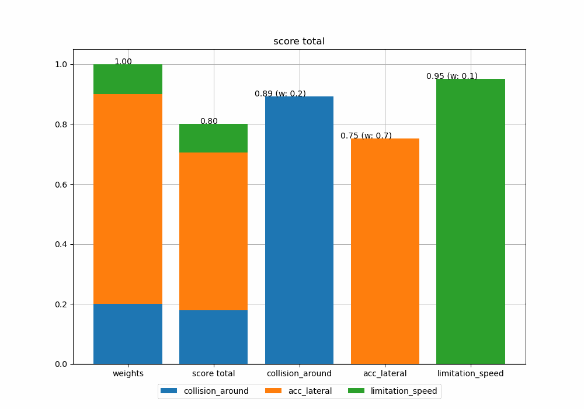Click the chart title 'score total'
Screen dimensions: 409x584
coord(298,41)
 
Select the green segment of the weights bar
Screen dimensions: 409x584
coord(128,79)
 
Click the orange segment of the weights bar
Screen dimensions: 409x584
coord(128,199)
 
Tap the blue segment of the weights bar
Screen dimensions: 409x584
coord(128,334)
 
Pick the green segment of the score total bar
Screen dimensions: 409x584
coord(213,138)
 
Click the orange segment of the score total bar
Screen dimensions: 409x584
coord(213,231)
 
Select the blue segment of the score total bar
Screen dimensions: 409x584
coord(213,337)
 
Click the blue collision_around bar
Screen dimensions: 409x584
coord(299,230)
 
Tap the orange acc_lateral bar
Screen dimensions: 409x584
coord(385,251)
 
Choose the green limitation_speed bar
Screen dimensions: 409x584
coord(471,221)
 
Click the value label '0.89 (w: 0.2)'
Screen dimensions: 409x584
coord(280,94)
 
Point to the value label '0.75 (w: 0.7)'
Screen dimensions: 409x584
coord(366,136)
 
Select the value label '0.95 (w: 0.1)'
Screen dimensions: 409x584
coord(452,77)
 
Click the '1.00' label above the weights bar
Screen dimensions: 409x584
coord(123,62)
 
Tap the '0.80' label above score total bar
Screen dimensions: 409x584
coord(209,122)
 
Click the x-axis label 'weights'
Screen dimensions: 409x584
coord(128,373)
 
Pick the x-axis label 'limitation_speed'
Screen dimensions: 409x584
coord(471,373)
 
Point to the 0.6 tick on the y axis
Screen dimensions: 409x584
coord(61,185)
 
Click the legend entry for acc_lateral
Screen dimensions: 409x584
coord(310,391)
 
